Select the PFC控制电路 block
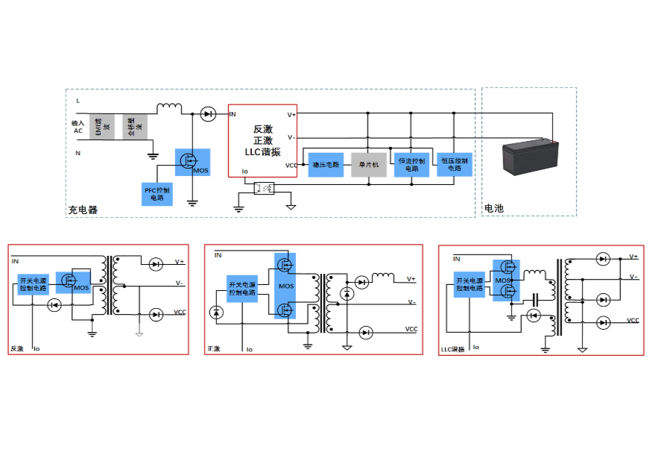[157, 192]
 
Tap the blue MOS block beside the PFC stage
[192, 162]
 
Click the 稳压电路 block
[326, 164]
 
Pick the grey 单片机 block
[369, 164]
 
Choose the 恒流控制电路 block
[412, 164]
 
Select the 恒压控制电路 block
[454, 164]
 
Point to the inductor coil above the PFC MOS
[168, 107]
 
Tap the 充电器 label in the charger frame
[83, 210]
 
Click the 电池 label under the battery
[493, 208]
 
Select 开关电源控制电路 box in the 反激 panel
[33, 284]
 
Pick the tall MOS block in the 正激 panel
[285, 285]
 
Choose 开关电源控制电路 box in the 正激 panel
[243, 288]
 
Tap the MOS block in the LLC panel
[505, 281]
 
